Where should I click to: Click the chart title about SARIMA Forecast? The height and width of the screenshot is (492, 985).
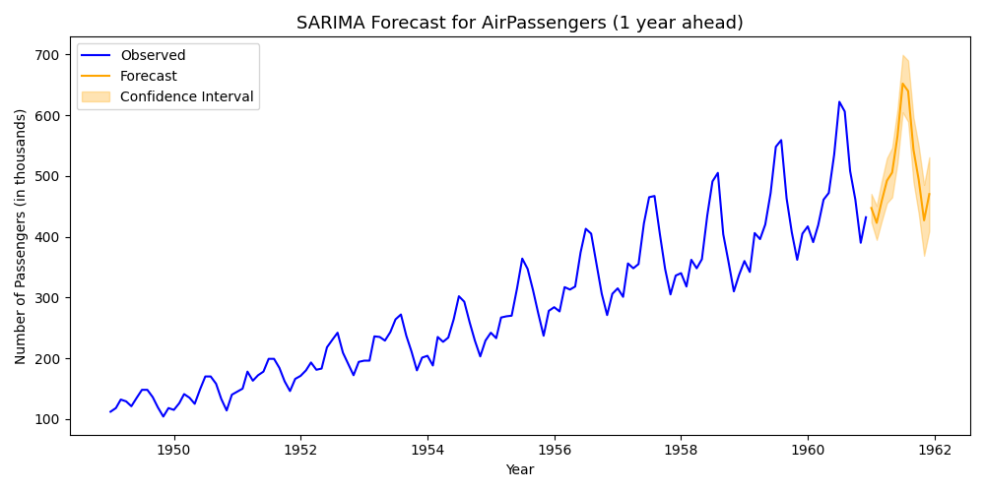(x=519, y=23)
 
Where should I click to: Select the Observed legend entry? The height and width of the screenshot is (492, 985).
(x=153, y=55)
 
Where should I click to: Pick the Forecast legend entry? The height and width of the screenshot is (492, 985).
(x=149, y=76)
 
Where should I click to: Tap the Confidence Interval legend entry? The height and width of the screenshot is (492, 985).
(x=186, y=96)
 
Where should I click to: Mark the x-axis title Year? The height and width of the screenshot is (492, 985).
(x=519, y=470)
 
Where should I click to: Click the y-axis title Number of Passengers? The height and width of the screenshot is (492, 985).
(x=21, y=236)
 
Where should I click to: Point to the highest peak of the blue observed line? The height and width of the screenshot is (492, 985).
(x=839, y=101)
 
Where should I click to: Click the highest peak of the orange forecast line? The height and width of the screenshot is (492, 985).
(x=902, y=83)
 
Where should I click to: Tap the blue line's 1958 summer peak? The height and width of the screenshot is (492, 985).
(x=717, y=172)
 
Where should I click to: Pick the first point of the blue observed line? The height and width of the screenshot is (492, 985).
(x=110, y=411)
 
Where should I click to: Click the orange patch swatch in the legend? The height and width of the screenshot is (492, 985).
(x=98, y=96)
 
